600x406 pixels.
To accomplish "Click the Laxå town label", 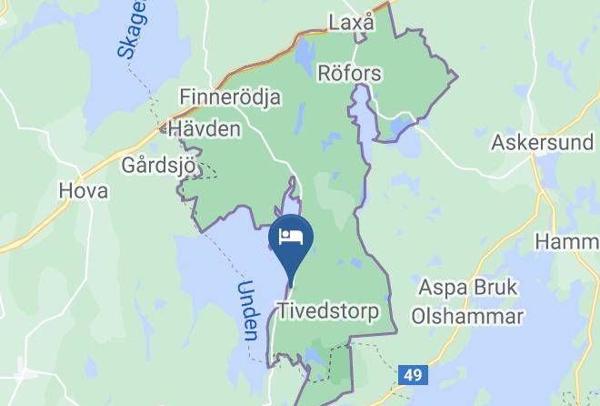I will click(351, 23).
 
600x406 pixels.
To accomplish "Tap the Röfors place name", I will click(349, 73).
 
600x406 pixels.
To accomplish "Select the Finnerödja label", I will click(230, 97).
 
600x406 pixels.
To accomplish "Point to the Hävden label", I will click(204, 129).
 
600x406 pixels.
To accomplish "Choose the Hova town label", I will click(83, 191).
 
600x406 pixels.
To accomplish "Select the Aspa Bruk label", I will click(467, 288).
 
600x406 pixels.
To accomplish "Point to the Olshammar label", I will click(467, 317).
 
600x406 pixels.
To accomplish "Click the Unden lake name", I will click(246, 310).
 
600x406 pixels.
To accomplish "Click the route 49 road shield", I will click(412, 375).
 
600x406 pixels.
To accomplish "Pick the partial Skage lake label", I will click(134, 30).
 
